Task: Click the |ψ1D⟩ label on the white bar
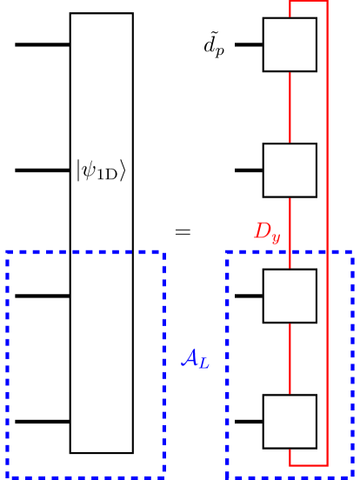101,170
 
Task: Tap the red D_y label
266,232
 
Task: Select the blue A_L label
195,357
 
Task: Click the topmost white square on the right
290,44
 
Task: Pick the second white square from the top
290,170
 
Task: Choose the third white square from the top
290,296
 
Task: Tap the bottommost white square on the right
290,422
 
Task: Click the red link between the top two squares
290,107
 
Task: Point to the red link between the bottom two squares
290,358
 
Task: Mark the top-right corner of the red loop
327,2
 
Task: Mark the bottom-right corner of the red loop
327,465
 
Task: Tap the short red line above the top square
290,10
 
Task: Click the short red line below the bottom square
290,457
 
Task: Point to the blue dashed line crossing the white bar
101,252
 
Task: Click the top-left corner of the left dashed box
7,252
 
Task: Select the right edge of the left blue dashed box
163,365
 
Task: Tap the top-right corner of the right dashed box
352,252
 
